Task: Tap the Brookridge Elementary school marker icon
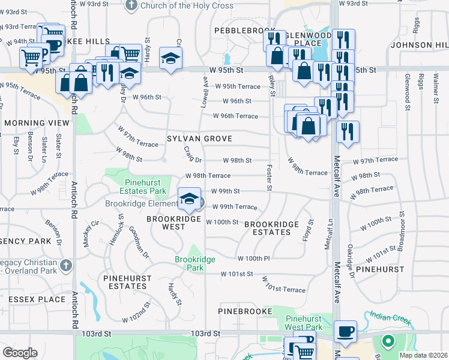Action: click(x=189, y=199)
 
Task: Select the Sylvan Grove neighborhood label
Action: click(x=199, y=139)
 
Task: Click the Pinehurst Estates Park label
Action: click(x=146, y=187)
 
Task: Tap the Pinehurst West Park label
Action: click(x=304, y=323)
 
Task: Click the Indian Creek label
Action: click(x=390, y=317)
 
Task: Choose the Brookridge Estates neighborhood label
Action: click(x=272, y=228)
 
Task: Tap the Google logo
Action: click(x=20, y=353)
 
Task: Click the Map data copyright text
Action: click(x=423, y=355)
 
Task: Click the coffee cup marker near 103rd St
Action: click(x=345, y=331)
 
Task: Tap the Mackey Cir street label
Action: click(x=91, y=229)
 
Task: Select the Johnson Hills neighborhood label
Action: click(x=418, y=45)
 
